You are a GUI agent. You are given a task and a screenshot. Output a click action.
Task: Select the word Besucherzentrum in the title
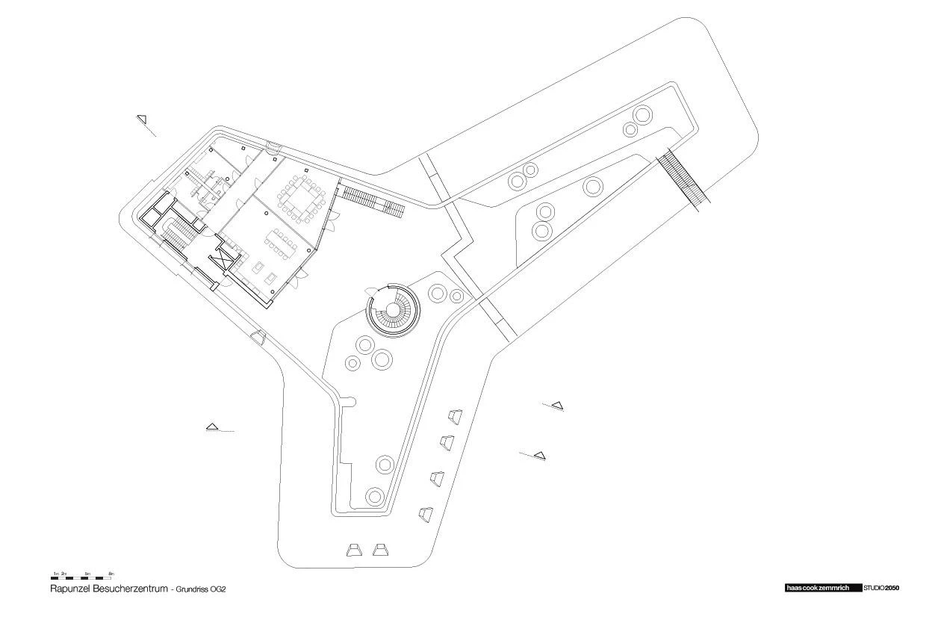[x=131, y=589]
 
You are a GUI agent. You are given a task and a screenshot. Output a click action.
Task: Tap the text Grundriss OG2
[x=201, y=589]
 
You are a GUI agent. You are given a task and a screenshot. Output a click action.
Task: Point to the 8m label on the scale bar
[x=111, y=573]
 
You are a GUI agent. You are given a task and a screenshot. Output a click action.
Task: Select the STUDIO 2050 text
[x=882, y=588]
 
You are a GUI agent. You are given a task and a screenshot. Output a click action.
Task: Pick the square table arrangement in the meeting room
[x=302, y=196]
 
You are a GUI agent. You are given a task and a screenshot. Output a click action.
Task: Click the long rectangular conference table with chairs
[x=282, y=242]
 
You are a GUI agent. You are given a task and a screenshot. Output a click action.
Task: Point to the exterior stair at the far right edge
[x=683, y=178]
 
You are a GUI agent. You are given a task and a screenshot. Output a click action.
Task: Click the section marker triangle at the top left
[x=142, y=118]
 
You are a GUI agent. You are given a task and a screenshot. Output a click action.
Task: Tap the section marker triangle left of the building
[x=213, y=427]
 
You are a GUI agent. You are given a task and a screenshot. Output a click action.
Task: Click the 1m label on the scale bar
[x=55, y=573]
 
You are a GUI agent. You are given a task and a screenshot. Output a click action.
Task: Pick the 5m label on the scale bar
[x=87, y=573]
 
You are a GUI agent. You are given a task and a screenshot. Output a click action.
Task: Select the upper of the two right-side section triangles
[x=557, y=406]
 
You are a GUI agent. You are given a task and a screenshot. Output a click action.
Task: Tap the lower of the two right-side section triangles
[x=539, y=454]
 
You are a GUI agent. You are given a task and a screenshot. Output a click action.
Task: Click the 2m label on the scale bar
[x=64, y=573]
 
